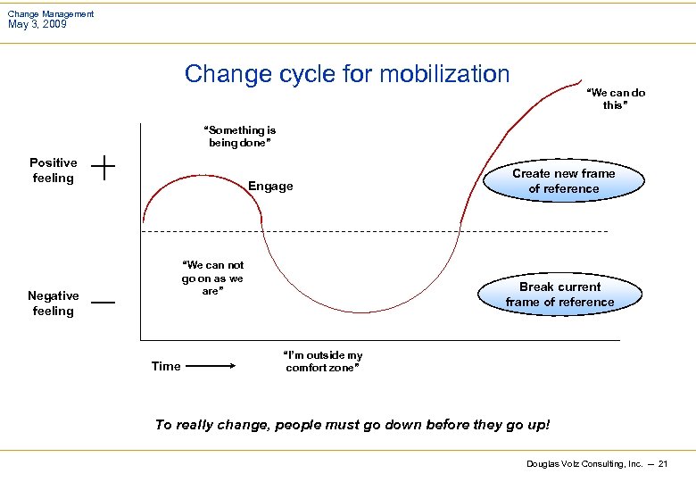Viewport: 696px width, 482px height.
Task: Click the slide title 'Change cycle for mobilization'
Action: coord(347,73)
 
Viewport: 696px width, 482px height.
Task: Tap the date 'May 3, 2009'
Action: coord(37,24)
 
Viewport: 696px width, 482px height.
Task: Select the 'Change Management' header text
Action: coord(51,13)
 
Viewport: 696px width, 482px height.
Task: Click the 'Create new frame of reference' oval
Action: coord(563,181)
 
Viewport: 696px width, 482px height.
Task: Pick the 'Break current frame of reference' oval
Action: coord(559,295)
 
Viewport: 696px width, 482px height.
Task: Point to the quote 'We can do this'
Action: coord(615,99)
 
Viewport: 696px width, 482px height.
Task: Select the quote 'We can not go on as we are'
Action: coord(212,278)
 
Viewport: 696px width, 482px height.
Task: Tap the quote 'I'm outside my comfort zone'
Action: coord(323,361)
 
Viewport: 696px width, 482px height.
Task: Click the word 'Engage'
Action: coord(270,187)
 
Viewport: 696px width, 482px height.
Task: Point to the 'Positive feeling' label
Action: coord(54,170)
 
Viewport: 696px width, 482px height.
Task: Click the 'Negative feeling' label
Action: coord(54,303)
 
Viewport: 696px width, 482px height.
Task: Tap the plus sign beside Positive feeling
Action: coord(103,168)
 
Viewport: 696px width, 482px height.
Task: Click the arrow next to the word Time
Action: coord(211,366)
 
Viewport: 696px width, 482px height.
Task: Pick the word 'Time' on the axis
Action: coord(166,366)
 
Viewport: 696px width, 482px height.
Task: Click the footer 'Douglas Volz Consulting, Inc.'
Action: coord(584,464)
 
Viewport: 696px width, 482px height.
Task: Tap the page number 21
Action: coord(663,464)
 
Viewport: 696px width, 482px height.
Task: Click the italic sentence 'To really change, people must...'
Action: coord(352,425)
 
